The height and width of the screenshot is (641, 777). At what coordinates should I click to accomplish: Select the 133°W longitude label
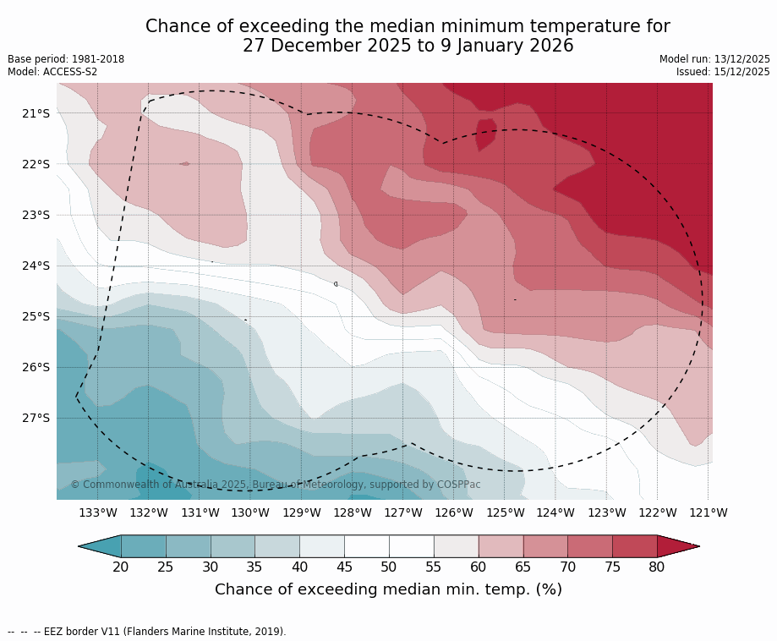[98, 512]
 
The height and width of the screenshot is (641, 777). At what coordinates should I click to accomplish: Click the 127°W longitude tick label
[403, 512]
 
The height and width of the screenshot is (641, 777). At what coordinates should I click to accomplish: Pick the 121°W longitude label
[709, 512]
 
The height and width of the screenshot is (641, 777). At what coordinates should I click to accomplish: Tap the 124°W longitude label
[555, 512]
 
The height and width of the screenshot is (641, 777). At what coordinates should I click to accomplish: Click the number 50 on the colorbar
[389, 567]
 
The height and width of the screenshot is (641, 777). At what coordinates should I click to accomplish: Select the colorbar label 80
[657, 567]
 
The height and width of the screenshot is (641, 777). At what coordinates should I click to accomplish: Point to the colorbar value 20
[121, 567]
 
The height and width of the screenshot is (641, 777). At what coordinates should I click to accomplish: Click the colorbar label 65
[523, 567]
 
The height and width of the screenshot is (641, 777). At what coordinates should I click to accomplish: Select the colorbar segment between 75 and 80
[634, 546]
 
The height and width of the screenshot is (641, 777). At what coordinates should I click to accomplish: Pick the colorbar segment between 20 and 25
[144, 546]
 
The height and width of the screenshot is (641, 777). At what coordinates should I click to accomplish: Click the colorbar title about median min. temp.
[388, 589]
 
